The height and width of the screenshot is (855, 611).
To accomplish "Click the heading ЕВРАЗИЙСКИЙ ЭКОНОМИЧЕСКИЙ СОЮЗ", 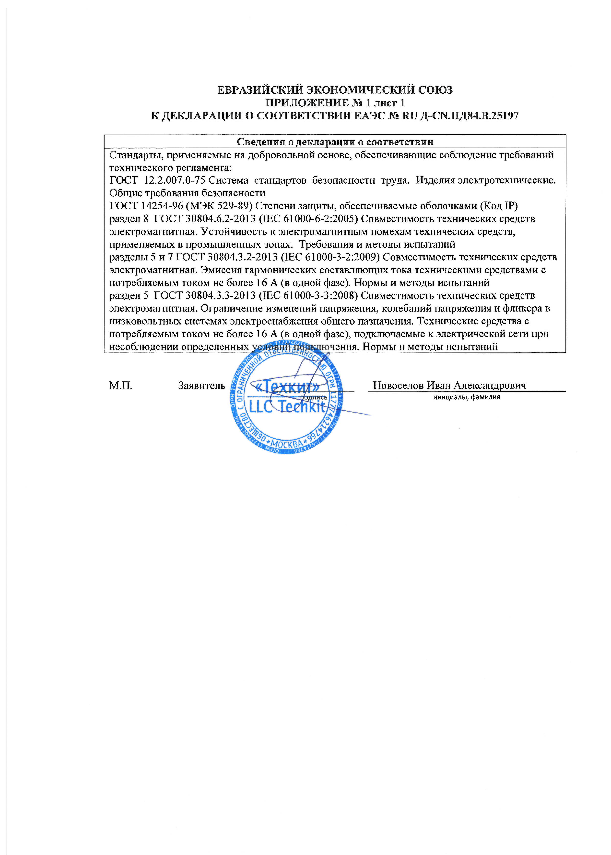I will click(x=335, y=90).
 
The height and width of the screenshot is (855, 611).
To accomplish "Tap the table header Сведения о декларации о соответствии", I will click(x=335, y=142).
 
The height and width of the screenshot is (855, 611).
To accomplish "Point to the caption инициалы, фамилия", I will click(x=467, y=397).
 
